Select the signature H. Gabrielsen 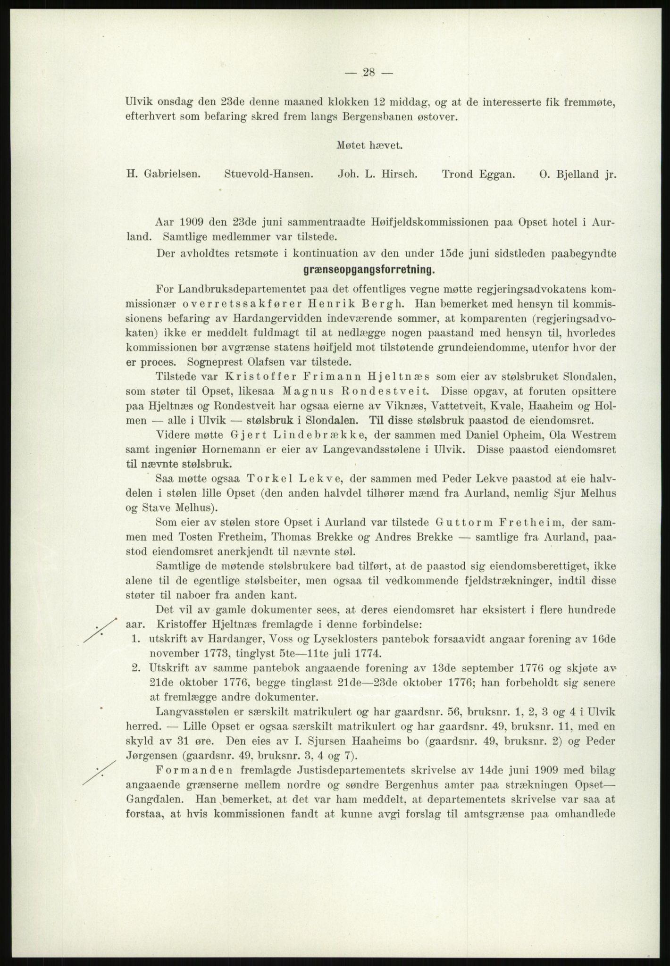(x=163, y=174)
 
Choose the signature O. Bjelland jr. (x=578, y=174)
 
